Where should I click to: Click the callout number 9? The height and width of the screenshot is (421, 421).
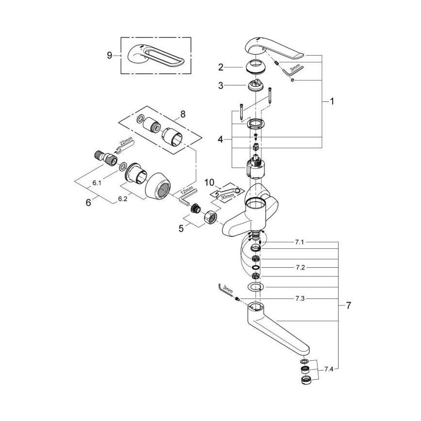coord(109,55)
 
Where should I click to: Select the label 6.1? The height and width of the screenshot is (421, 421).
coord(97,183)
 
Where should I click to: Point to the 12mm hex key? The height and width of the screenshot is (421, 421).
coord(184,197)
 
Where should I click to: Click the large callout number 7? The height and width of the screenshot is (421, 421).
coord(348,306)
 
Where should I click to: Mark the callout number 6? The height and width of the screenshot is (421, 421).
coord(88,202)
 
